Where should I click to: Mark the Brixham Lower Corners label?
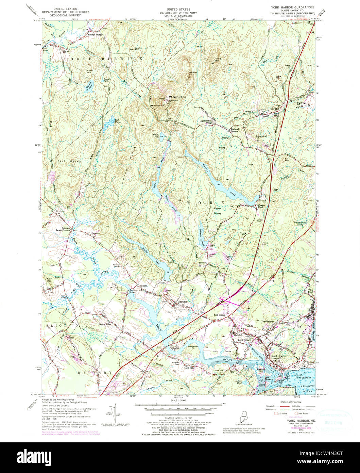(x=65, y=229)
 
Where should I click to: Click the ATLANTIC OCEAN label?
(x=307, y=389)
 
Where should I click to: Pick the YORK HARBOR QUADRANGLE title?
(x=292, y=7)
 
